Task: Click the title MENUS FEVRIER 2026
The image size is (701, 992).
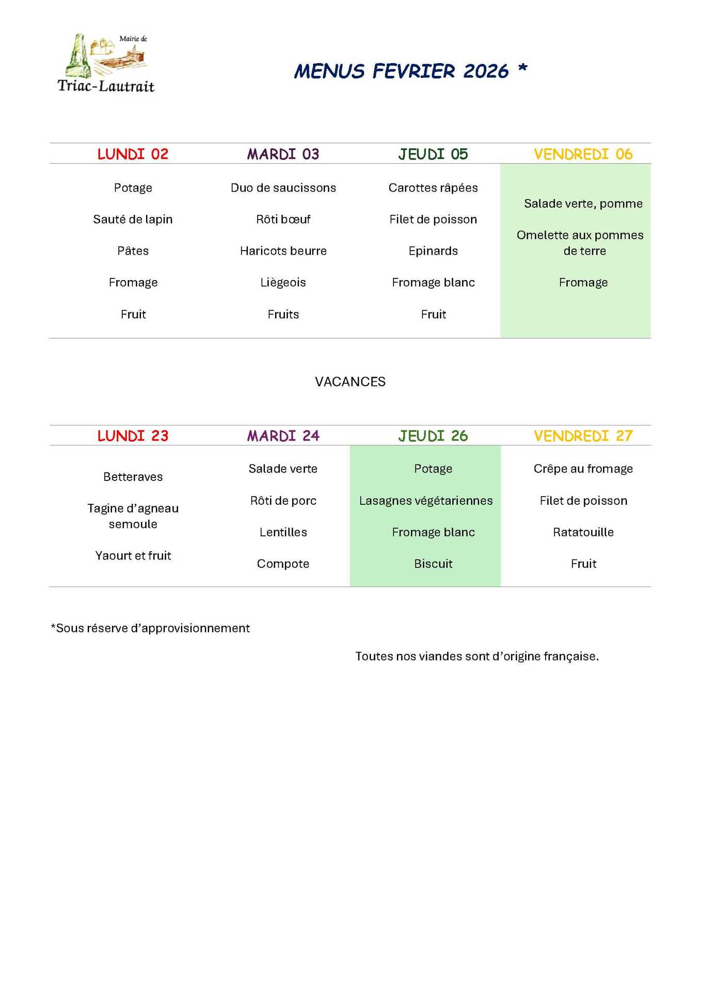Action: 402,71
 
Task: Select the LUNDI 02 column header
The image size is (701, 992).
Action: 133,154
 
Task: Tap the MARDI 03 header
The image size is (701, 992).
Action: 283,154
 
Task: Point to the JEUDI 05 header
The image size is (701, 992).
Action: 433,154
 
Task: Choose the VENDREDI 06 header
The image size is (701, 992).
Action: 583,154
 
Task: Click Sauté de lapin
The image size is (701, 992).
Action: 133,220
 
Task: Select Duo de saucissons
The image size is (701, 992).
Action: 283,188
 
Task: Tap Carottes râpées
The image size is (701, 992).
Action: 433,188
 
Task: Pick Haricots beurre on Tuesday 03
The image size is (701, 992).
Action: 283,251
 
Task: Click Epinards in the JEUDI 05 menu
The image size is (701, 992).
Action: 433,251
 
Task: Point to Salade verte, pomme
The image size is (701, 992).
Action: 583,204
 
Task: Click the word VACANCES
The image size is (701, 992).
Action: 350,382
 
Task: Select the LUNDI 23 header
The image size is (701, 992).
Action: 133,436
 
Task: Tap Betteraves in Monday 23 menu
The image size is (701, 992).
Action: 133,477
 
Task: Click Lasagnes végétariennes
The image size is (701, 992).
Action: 426,501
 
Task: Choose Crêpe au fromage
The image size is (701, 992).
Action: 583,469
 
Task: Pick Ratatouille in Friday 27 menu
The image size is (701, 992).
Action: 583,532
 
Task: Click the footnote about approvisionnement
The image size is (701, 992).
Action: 150,628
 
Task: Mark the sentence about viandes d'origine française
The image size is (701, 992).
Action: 477,657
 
